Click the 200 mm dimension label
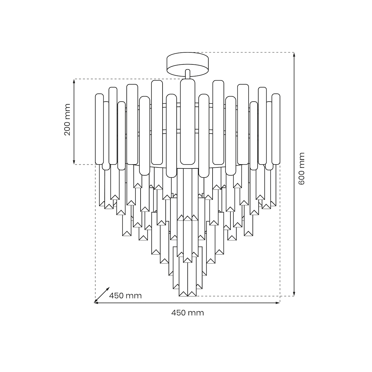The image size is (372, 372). pos(68,120)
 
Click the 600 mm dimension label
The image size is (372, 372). pos(302,168)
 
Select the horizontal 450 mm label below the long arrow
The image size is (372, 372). pos(187,313)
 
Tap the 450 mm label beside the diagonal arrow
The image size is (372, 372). pos(125,296)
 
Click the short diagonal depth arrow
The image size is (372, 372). pos(102,295)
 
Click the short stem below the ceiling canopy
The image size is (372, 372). pos(187,74)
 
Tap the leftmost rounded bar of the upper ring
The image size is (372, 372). pos(99,129)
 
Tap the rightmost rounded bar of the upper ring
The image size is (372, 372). pos(276,129)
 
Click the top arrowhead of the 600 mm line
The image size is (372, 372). pos(294,55)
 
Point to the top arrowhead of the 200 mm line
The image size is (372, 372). pos(74,81)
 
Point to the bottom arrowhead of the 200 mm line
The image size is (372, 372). pos(74,162)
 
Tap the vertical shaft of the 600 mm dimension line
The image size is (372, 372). pos(294,207)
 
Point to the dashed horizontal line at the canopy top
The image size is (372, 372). pos(248,52)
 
